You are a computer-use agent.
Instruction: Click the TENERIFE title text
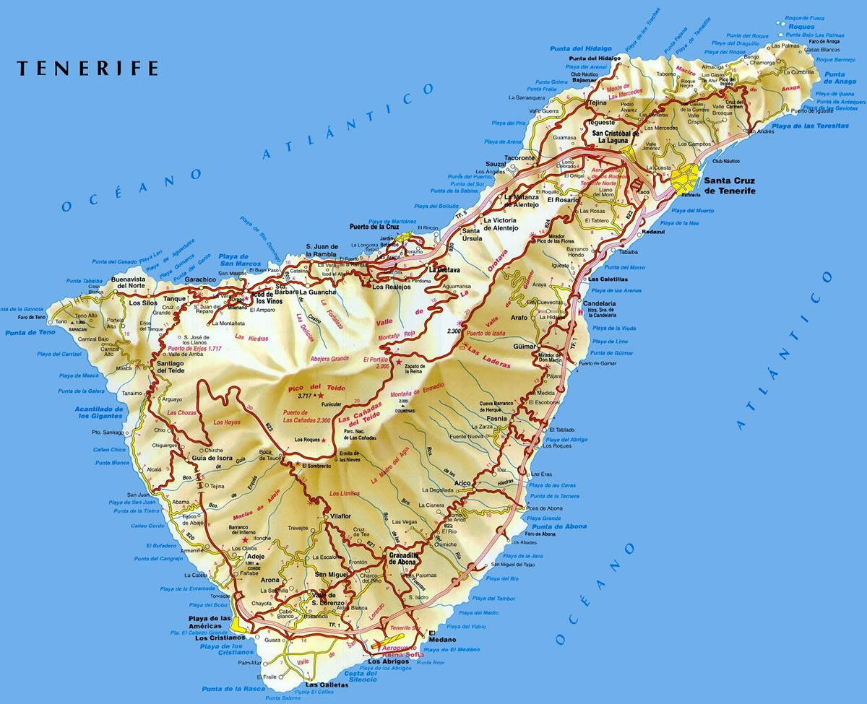click(x=87, y=69)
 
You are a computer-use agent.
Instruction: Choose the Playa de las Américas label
click(x=210, y=622)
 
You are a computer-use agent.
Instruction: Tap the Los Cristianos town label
click(x=220, y=638)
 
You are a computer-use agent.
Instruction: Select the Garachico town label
click(x=200, y=279)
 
